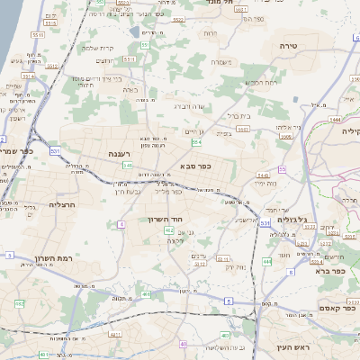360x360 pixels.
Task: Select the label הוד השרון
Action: coord(166,219)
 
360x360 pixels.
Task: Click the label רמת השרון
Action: coord(51,259)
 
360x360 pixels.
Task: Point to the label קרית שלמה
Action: coord(96,48)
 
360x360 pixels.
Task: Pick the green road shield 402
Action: coord(169,231)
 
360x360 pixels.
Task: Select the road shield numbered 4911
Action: coord(117,333)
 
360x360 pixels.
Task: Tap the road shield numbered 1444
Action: coord(336,118)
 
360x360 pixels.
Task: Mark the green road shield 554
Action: coord(196,142)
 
